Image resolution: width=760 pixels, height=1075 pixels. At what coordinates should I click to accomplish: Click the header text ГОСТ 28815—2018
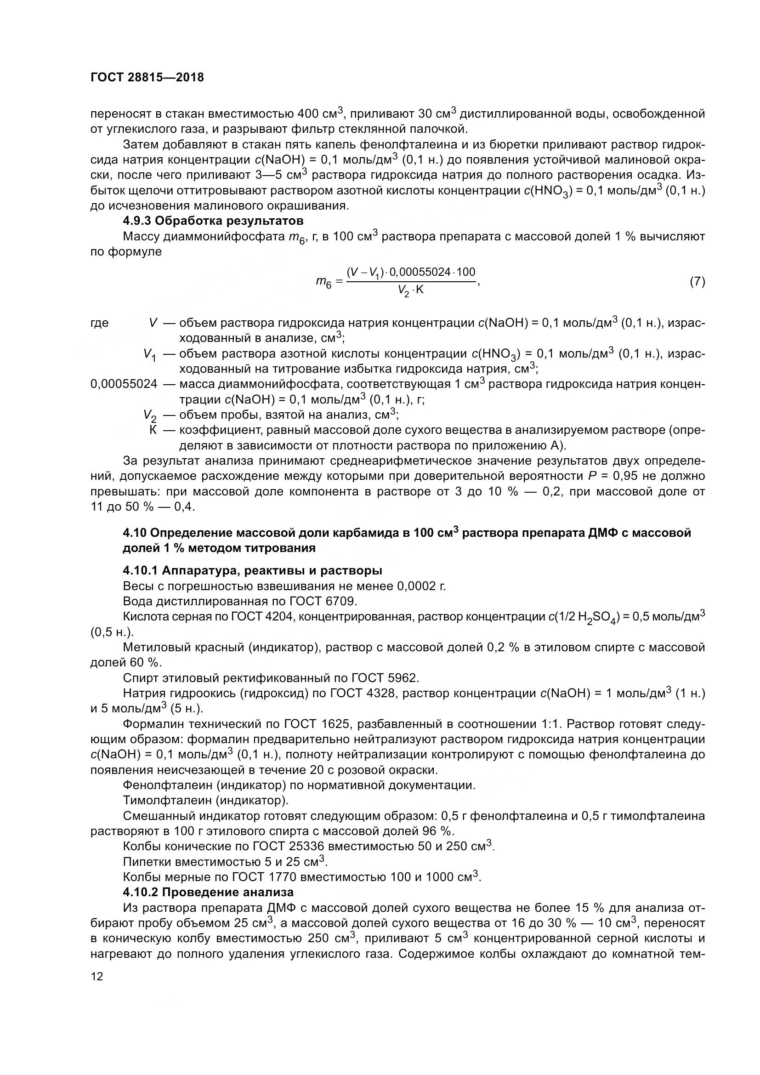tap(147, 78)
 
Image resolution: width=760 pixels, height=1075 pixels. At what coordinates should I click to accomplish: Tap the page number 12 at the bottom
tap(96, 976)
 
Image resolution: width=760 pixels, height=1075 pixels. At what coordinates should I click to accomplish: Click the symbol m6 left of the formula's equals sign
tap(323, 282)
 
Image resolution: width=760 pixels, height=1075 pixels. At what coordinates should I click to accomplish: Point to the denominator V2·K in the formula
tap(410, 291)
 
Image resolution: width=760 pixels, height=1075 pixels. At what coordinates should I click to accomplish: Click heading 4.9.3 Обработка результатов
tap(213, 221)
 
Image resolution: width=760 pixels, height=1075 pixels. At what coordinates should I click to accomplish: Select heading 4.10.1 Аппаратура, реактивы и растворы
tap(252, 570)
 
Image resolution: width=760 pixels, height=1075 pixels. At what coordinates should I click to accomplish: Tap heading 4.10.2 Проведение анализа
tap(208, 892)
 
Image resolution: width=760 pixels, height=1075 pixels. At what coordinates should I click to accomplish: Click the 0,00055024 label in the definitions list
tap(124, 384)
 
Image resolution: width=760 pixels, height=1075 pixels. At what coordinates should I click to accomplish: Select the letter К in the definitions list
tap(153, 430)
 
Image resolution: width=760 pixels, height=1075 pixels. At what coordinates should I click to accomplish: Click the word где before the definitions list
tap(99, 323)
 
